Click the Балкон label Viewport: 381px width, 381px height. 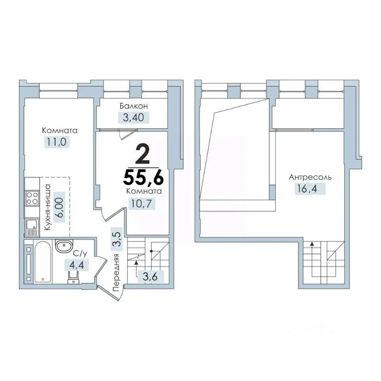(134, 106)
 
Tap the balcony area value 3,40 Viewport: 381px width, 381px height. (133, 117)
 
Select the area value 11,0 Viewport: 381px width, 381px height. (57, 142)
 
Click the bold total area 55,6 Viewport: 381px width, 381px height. (143, 177)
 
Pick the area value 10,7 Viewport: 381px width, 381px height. (142, 204)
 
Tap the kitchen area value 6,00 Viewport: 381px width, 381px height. (60, 207)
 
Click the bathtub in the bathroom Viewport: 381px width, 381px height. (42, 262)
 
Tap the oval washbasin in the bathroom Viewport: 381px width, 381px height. (64, 246)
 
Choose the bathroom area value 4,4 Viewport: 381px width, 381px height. (77, 265)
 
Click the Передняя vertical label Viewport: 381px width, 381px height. (116, 273)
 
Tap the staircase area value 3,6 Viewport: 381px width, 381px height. (150, 277)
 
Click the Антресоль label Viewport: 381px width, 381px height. (310, 177)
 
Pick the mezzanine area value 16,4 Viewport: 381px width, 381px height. (306, 188)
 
